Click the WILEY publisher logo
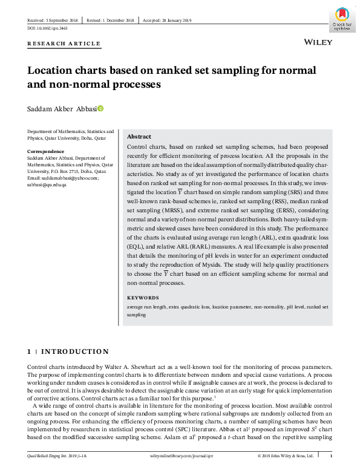click(x=316, y=44)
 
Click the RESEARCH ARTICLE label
click(x=64, y=44)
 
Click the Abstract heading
click(x=139, y=137)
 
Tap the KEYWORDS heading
click(x=143, y=298)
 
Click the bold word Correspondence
click(x=46, y=151)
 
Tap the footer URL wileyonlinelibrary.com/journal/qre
click(x=180, y=455)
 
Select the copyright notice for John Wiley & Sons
click(x=285, y=455)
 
